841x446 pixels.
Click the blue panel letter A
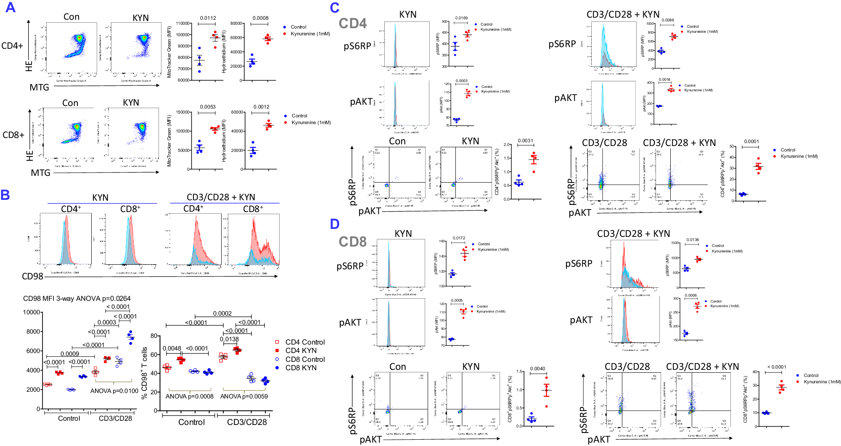[10, 7]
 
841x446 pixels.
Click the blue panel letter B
[5, 195]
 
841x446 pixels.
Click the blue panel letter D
[335, 224]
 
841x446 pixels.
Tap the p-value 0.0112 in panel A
[208, 18]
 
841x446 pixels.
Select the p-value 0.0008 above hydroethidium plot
[260, 18]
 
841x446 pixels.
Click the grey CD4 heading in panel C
[352, 24]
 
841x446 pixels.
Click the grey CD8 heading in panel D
[352, 242]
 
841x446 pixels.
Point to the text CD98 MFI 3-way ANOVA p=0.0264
[77, 298]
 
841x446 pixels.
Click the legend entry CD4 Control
[305, 342]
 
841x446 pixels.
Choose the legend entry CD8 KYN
[301, 368]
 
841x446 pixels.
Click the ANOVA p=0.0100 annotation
[114, 391]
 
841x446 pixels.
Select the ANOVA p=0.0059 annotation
[244, 396]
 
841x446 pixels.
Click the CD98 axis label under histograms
[32, 276]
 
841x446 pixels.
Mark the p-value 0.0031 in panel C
[525, 141]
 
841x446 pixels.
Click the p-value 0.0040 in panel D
[537, 369]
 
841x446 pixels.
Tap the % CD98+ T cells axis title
[144, 373]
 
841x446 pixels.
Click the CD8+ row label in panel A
[13, 135]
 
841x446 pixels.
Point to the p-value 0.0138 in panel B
[229, 339]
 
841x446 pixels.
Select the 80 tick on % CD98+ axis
[154, 336]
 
